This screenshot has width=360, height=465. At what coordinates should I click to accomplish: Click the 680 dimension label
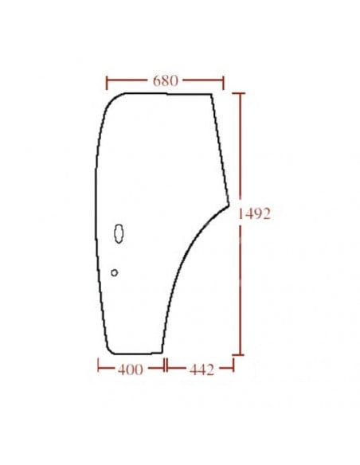[x=165, y=81]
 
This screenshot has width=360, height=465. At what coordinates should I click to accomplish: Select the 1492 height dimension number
[x=255, y=214]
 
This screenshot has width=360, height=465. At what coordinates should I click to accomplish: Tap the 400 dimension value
[x=130, y=369]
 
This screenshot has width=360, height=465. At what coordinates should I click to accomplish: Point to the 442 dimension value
[x=200, y=369]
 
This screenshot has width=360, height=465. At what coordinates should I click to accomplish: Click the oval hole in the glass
[x=119, y=233]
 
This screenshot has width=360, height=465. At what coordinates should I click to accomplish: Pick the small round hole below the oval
[x=114, y=272]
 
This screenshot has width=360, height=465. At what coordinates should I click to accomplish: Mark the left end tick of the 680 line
[x=106, y=81]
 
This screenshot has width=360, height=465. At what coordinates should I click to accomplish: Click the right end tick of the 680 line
[x=224, y=81]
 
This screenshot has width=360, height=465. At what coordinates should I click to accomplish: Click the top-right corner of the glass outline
[x=212, y=94]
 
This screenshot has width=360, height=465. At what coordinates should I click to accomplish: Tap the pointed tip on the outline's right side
[x=229, y=204]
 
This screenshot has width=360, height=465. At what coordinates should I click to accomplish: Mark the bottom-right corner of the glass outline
[x=162, y=352]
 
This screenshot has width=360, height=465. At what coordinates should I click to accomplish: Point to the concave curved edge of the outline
[x=182, y=259]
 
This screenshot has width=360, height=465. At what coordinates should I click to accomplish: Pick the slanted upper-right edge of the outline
[x=220, y=147]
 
